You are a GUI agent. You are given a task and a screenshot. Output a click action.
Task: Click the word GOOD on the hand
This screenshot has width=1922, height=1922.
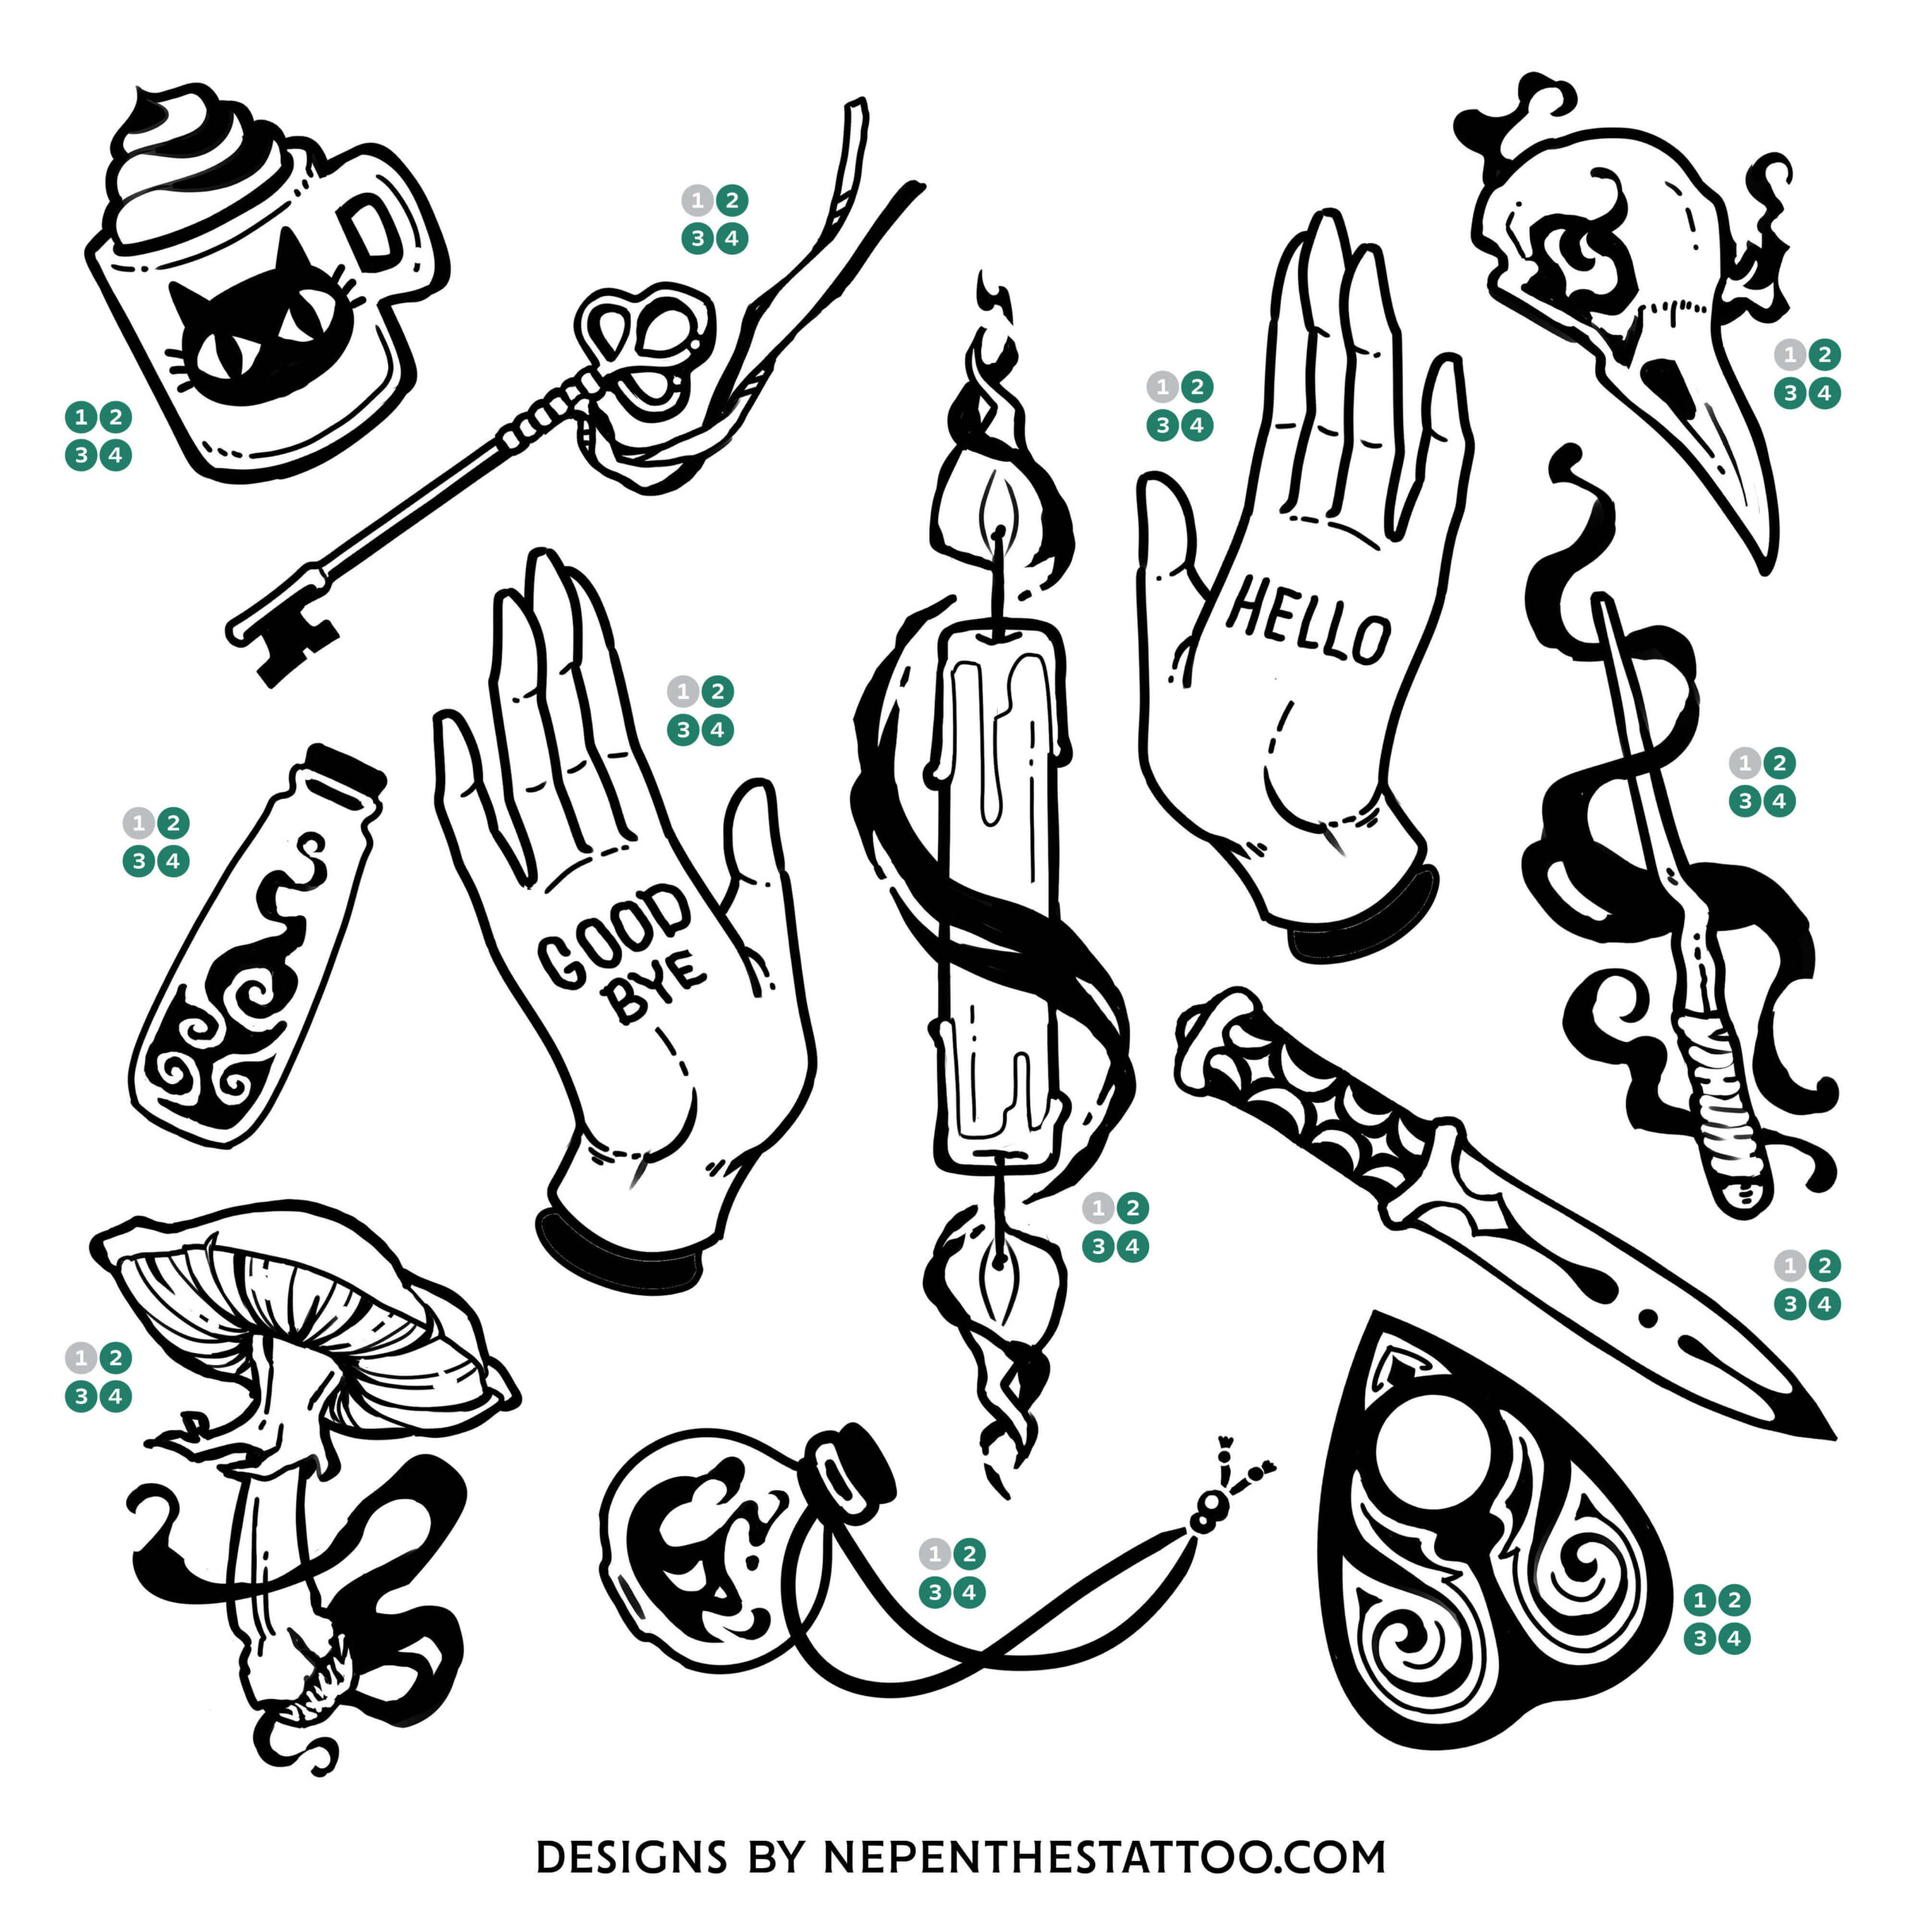pyautogui.click(x=614, y=936)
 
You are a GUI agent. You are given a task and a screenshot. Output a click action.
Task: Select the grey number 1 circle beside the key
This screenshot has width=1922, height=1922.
pyautogui.click(x=697, y=201)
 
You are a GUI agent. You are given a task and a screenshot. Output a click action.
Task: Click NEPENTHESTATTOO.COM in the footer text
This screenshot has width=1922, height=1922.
pyautogui.click(x=1104, y=1857)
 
